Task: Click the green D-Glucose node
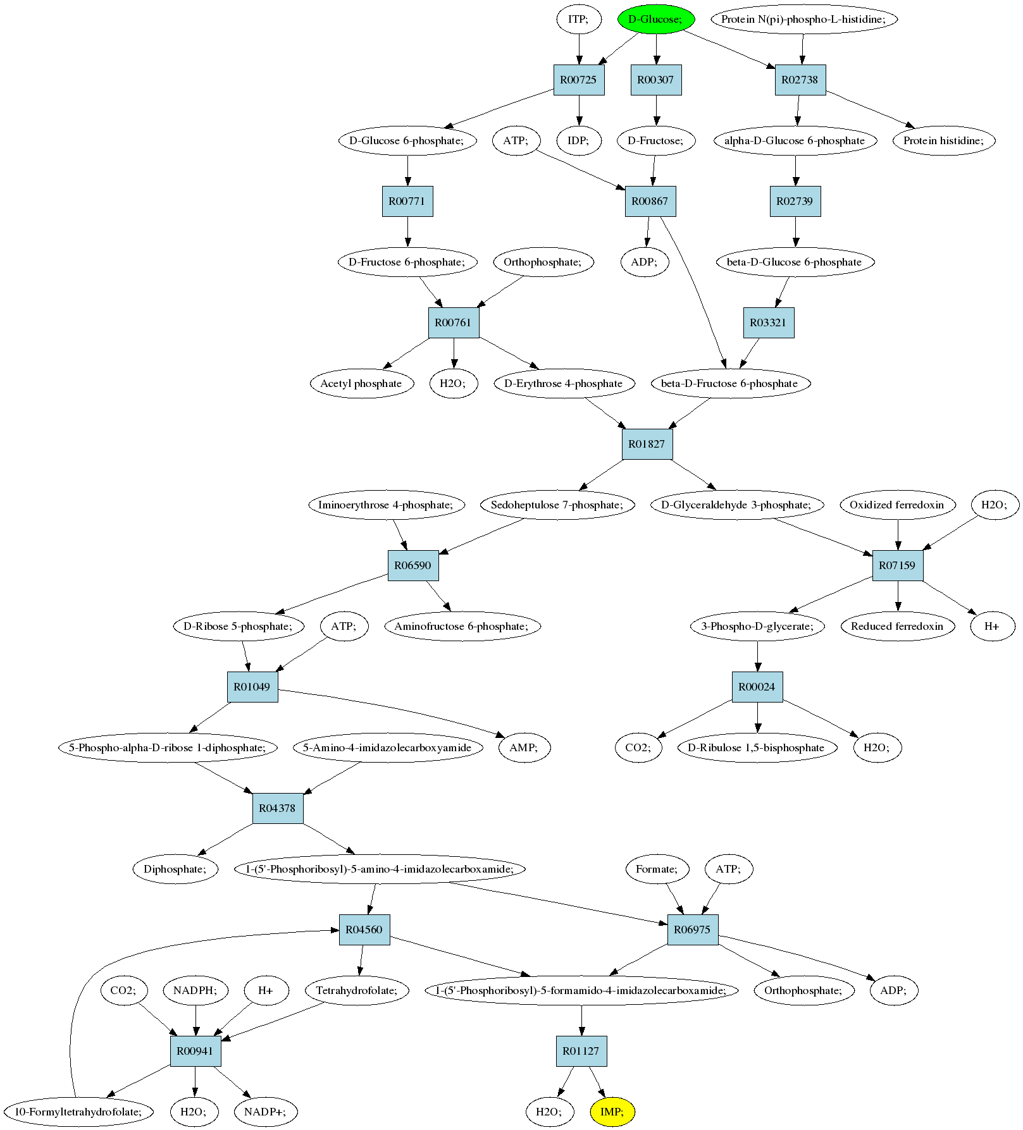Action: tap(656, 19)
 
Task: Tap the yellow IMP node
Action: tap(612, 1112)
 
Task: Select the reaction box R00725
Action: tap(579, 80)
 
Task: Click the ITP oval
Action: tap(578, 19)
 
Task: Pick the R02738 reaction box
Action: tap(800, 80)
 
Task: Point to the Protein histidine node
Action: tap(944, 140)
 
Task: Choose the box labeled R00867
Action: tap(650, 201)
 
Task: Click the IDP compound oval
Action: tap(578, 140)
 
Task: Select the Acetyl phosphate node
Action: tap(362, 383)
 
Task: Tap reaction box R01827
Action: tap(647, 444)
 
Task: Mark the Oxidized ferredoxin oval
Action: tap(897, 505)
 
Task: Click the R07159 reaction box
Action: tap(898, 565)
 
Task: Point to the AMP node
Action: tap(524, 747)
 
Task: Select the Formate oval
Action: tap(657, 869)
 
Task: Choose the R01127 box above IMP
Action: tap(581, 1051)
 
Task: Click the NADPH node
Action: tap(195, 990)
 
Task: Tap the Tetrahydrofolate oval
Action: tap(357, 990)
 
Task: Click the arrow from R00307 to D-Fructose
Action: tap(656, 110)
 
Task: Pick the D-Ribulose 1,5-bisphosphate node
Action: tap(757, 747)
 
